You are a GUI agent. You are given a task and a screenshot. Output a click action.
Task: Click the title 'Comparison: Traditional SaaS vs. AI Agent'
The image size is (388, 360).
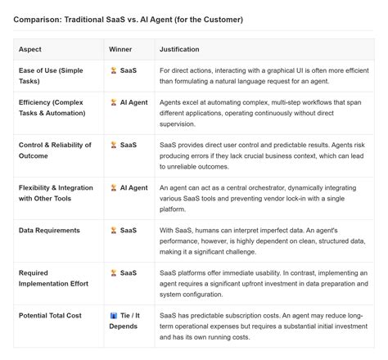click(x=128, y=19)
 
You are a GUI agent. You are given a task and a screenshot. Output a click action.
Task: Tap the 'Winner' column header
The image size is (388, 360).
click(x=120, y=49)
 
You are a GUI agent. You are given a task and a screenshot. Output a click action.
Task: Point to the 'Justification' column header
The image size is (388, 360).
click(x=180, y=49)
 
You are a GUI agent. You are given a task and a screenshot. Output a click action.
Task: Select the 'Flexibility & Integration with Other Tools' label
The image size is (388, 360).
click(x=54, y=193)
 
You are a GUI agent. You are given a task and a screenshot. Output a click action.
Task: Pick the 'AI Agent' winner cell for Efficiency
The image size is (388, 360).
click(x=129, y=103)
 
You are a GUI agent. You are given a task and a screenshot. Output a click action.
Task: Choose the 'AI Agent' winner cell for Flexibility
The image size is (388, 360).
click(x=129, y=187)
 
